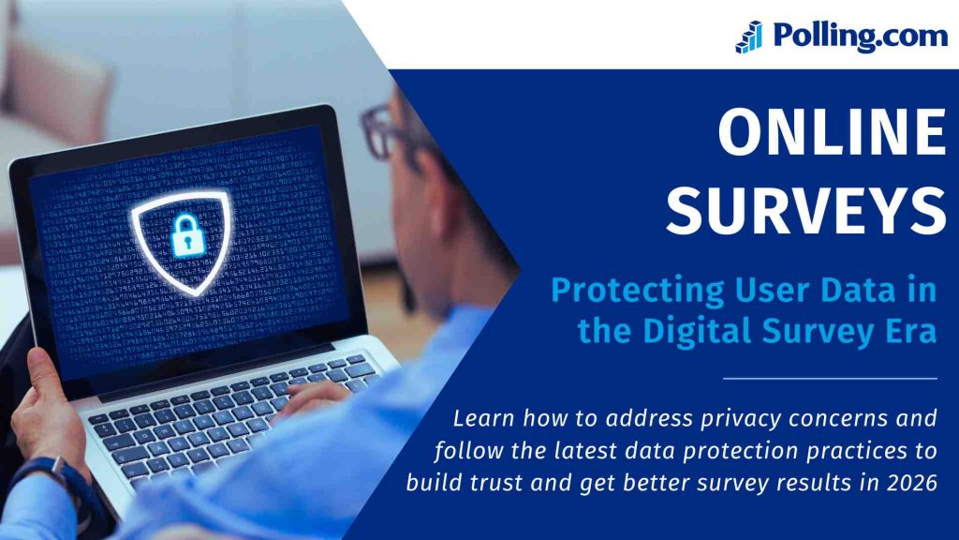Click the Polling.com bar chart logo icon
(748, 37)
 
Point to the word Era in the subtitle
(908, 331)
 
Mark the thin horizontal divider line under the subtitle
(831, 379)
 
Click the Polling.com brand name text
(860, 37)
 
